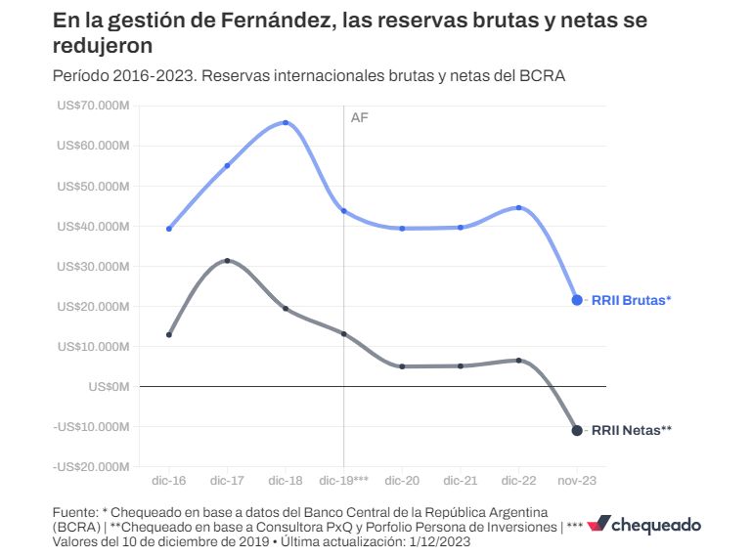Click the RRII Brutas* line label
tap(632, 300)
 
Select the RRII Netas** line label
tap(632, 430)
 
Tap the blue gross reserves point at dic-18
tap(286, 123)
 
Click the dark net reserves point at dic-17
tap(227, 261)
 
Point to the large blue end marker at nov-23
tap(577, 300)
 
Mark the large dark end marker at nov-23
tap(577, 431)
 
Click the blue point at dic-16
tap(169, 229)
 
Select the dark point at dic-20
tap(402, 366)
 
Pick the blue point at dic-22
tap(518, 207)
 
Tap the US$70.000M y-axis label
tap(93, 106)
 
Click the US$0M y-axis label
tap(109, 386)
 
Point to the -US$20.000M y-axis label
tap(91, 466)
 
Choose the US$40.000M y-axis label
tap(93, 226)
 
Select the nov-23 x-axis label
tap(576, 481)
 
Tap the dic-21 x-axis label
tap(460, 481)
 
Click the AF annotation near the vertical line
tap(359, 117)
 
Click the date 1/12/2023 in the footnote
tap(439, 540)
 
